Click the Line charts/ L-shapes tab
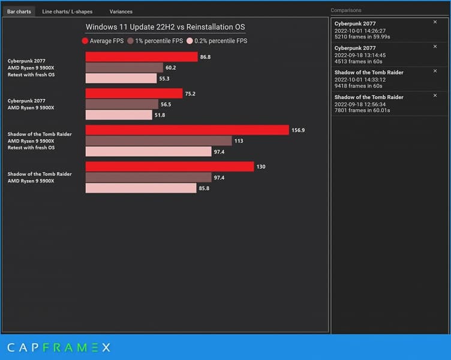coord(67,11)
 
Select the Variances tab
coord(121,11)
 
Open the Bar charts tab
coord(19,11)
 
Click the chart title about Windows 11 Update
coord(165,27)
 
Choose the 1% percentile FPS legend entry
coord(154,41)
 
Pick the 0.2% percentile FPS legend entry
coord(217,41)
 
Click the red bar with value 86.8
coord(141,57)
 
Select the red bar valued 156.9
coord(187,130)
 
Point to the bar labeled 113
coord(158,141)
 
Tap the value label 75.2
coord(191,94)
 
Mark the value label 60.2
coord(171,68)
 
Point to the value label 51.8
coord(160,115)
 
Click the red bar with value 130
coord(169,167)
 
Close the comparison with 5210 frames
coord(435,22)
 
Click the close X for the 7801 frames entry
coord(435,95)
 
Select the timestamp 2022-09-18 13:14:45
coord(360,55)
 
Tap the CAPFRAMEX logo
coord(59,347)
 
